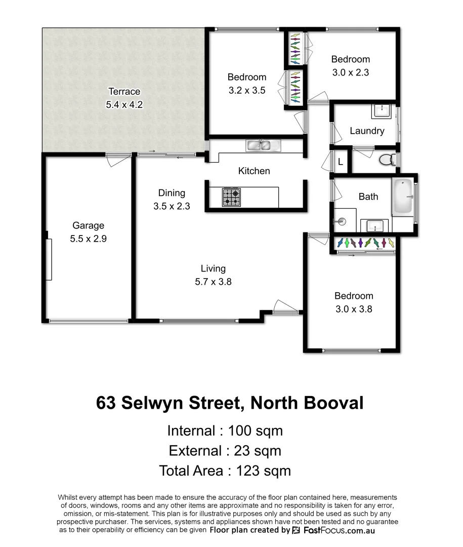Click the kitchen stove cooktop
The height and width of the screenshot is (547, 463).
click(231, 197)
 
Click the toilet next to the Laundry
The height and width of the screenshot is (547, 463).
click(388, 160)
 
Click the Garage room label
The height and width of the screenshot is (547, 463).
click(88, 225)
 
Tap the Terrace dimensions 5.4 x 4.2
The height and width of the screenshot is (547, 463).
click(124, 105)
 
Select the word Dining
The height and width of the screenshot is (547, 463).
click(172, 192)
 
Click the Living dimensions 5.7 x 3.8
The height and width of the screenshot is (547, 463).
click(213, 282)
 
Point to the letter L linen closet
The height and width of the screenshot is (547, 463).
click(341, 162)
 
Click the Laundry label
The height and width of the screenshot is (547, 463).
click(367, 131)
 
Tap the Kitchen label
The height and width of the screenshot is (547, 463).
click(254, 171)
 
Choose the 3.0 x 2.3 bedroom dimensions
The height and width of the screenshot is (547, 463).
click(351, 72)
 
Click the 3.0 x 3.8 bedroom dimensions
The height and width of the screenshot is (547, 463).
click(354, 309)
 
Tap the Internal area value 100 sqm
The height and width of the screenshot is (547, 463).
click(255, 431)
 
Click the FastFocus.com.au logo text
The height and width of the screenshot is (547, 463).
click(339, 530)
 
